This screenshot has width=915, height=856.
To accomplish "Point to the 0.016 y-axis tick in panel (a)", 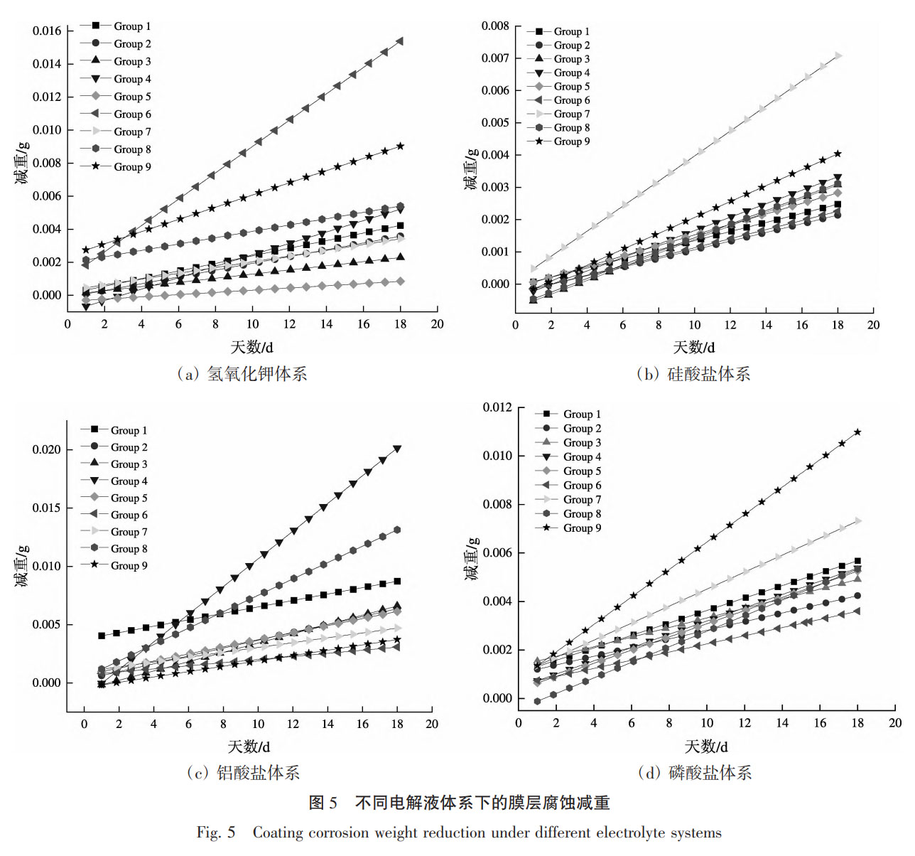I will coord(47,31).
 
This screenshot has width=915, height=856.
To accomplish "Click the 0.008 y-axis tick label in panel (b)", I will coord(495,26).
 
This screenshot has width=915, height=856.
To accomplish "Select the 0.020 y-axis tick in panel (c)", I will coord(47,449).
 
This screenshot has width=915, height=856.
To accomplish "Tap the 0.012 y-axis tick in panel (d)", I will coord(497,407).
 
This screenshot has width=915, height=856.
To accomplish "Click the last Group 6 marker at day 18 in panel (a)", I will coord(400,41).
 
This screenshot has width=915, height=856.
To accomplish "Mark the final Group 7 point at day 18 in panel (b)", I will coord(838,55).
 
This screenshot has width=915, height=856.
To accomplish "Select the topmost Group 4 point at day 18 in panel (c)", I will coord(397,449).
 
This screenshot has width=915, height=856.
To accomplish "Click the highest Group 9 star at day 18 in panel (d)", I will coord(857,432).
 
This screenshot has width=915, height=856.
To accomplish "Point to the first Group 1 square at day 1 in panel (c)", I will coord(102,636).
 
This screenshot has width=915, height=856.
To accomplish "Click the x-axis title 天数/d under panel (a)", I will coord(251,347).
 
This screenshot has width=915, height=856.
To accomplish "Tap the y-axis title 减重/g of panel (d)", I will coord(472,559).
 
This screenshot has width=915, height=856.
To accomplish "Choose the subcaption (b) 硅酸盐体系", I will coord(693,374).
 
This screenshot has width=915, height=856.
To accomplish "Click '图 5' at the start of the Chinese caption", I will coord(323,803).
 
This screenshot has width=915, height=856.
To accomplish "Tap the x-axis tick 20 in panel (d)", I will coord(894,723).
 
